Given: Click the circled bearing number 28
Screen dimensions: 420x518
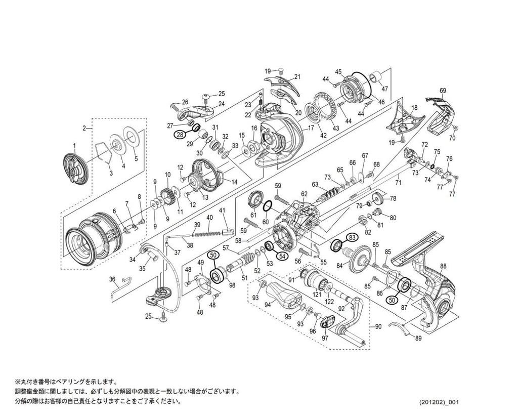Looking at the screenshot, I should coord(180,135).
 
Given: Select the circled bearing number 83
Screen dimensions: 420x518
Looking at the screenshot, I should coord(352,237).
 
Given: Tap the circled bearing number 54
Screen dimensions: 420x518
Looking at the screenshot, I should coord(282,256).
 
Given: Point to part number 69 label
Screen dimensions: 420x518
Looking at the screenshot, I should coord(443,91).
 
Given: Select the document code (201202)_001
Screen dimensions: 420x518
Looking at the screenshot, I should coord(439,402).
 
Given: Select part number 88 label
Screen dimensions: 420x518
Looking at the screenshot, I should coord(443,266).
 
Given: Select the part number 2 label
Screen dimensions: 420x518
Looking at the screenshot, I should coord(84,128).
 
